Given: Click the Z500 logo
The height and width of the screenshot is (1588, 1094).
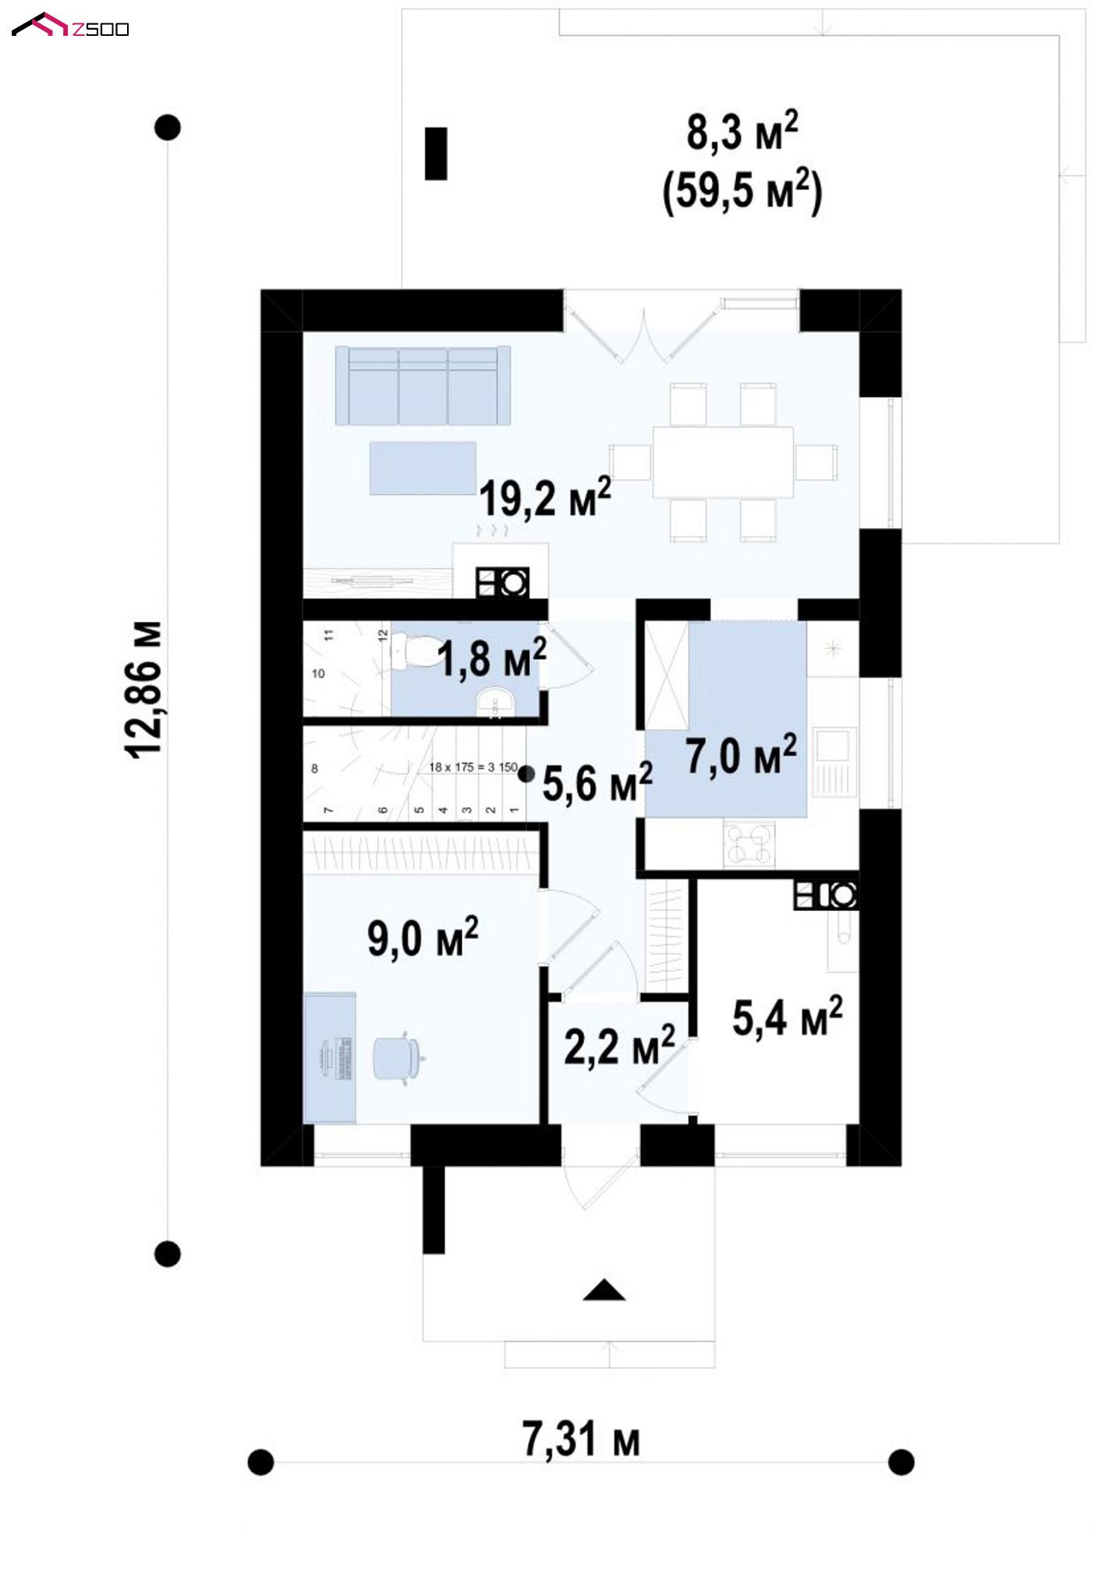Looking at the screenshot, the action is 70,26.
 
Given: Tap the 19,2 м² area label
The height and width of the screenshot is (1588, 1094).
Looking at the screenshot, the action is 545,497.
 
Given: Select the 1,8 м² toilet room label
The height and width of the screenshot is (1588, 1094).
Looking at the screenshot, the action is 492,658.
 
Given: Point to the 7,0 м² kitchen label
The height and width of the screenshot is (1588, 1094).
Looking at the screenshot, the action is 742,754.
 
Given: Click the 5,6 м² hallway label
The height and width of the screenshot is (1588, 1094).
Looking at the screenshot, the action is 597,782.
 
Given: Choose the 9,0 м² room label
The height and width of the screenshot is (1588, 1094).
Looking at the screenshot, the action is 423,937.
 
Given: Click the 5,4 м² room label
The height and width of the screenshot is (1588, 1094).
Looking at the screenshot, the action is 788,1016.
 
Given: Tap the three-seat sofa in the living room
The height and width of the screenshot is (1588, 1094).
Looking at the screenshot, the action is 423,385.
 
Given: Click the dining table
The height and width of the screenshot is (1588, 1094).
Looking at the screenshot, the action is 723,462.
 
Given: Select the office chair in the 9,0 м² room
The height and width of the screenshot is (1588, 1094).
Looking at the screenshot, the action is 397,1057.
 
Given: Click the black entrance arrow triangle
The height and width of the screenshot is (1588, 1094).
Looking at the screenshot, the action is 604,1290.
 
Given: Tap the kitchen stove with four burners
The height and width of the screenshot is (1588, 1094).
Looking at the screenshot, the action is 749,844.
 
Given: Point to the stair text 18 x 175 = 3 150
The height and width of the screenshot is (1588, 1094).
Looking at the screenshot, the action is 473,767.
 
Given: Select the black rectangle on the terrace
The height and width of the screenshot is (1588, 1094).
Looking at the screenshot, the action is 436,153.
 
